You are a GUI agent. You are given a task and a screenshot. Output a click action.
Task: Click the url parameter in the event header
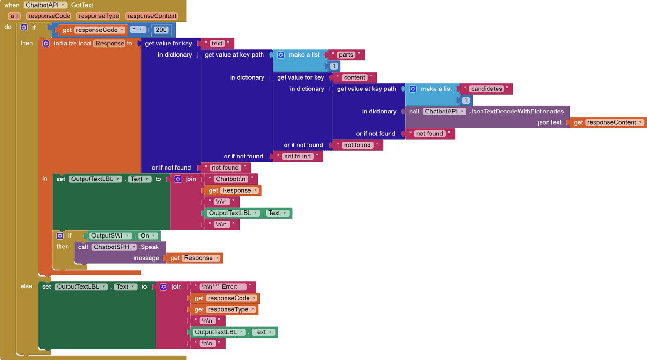click(14, 16)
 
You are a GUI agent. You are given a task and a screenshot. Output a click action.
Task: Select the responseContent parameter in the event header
click(152, 16)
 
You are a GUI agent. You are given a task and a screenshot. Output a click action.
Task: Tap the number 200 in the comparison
click(161, 30)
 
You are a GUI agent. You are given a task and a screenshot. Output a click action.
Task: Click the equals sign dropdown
click(136, 30)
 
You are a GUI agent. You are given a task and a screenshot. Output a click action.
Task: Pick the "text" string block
click(217, 44)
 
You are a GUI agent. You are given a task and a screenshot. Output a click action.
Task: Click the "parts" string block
click(346, 55)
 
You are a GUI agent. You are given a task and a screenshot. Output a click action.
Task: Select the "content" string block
click(354, 77)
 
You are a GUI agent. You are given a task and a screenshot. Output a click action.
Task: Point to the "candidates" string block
click(486, 89)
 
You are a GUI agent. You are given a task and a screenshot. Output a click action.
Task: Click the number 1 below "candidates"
click(466, 100)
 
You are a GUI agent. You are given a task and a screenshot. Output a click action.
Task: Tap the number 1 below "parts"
click(333, 66)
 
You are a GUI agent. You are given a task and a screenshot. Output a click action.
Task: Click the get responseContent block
click(608, 122)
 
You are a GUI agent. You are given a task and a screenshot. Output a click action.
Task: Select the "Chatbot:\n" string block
click(231, 179)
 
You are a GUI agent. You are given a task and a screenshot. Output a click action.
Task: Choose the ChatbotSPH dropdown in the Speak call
click(114, 247)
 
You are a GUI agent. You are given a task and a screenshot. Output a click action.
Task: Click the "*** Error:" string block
click(223, 287)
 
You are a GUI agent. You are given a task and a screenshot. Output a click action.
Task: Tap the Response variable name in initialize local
click(110, 44)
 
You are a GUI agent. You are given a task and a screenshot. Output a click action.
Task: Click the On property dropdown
click(148, 236)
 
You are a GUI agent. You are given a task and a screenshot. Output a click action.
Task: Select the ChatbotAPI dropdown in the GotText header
click(45, 5)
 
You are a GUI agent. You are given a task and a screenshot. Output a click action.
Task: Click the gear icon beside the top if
click(24, 28)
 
